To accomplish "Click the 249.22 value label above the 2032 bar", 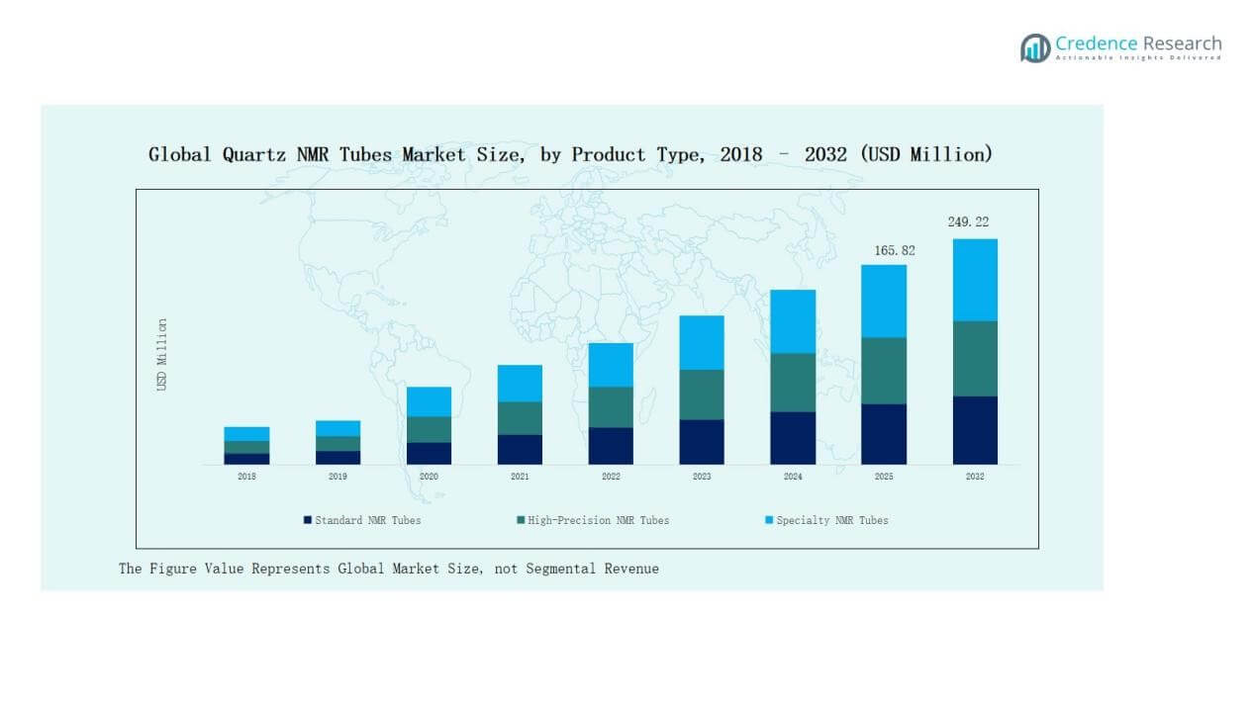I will (968, 222).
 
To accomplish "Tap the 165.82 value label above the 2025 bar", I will (894, 251).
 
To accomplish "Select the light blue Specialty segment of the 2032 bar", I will (975, 280).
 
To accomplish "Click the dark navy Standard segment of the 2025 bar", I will (884, 434).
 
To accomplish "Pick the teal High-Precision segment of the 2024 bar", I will (793, 383).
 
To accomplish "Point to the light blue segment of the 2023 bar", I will (702, 342).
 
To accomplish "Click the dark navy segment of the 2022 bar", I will (611, 446).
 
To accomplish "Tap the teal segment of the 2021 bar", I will (520, 418).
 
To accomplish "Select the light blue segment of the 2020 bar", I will (429, 401).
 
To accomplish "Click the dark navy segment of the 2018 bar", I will (246, 459).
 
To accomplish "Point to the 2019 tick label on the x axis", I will (338, 477).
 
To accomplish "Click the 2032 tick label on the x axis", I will (975, 477).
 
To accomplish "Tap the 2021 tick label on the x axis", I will (520, 477).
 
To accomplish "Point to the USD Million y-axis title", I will (162, 354).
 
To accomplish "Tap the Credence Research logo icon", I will (1035, 47).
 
